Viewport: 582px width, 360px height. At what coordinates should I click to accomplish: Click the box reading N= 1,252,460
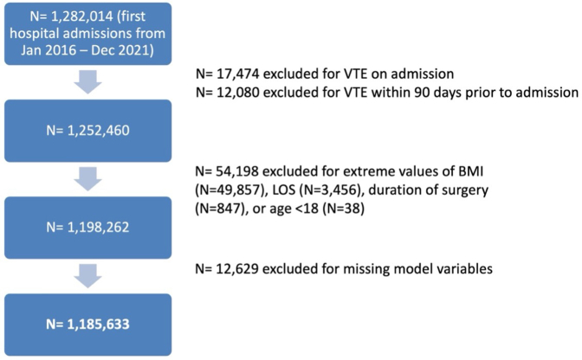[88, 131]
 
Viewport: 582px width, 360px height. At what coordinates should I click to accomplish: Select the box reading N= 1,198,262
[88, 228]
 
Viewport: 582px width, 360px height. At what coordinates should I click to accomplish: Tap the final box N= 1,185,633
[88, 325]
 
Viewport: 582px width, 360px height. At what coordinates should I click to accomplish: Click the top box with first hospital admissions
[88, 34]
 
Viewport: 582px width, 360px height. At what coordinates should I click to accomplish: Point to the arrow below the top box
[88, 82]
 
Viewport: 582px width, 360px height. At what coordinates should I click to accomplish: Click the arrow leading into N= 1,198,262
[88, 179]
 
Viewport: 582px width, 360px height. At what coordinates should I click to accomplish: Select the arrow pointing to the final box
[88, 276]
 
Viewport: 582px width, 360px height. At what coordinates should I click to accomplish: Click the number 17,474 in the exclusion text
[237, 74]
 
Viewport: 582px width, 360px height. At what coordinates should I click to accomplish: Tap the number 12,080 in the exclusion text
[237, 93]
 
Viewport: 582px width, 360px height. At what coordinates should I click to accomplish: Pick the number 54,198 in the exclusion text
[237, 171]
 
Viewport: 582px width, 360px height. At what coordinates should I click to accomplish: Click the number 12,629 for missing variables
[237, 269]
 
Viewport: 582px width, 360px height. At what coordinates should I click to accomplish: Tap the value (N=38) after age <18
[343, 209]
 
